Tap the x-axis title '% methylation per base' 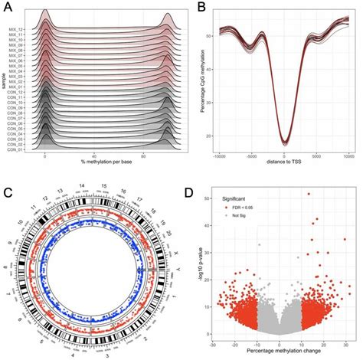click(x=104, y=164)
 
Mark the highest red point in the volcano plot click(x=309, y=194)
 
